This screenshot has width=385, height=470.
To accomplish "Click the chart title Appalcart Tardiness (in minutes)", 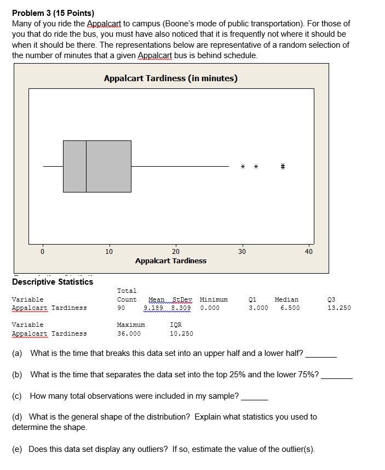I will click(171, 78).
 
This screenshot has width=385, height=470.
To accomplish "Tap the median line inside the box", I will click(86, 166).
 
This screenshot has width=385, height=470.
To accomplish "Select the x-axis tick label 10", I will click(109, 252).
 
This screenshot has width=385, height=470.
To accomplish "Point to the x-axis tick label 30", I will click(242, 252).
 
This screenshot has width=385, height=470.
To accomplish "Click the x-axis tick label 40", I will click(309, 252).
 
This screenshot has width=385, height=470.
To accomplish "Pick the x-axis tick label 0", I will click(43, 252).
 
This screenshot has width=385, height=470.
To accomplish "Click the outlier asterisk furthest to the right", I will click(283, 166).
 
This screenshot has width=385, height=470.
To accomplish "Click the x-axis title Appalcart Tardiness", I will click(171, 261).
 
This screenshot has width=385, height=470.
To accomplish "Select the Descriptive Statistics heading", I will click(53, 282).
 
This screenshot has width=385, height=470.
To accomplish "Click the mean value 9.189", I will click(153, 308).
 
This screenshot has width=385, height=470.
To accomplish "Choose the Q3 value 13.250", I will click(339, 308).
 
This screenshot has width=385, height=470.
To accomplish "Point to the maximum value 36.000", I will click(129, 333).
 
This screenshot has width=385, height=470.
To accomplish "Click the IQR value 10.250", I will click(181, 333).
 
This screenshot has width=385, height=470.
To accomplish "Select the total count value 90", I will click(121, 308).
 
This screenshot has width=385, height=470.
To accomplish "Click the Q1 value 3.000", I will click(258, 308).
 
